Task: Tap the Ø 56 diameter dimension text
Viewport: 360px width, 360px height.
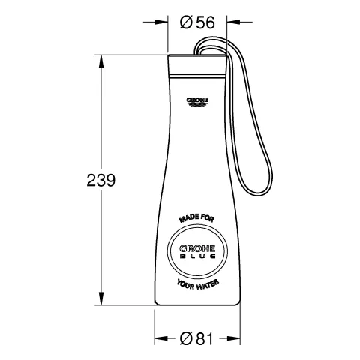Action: point(199,22)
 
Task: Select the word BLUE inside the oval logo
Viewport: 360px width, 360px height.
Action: point(198,257)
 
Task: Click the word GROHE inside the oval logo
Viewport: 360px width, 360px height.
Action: point(198,247)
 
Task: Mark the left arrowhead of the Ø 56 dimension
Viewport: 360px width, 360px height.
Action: point(170,22)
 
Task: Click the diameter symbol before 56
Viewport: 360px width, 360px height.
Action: point(186,22)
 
